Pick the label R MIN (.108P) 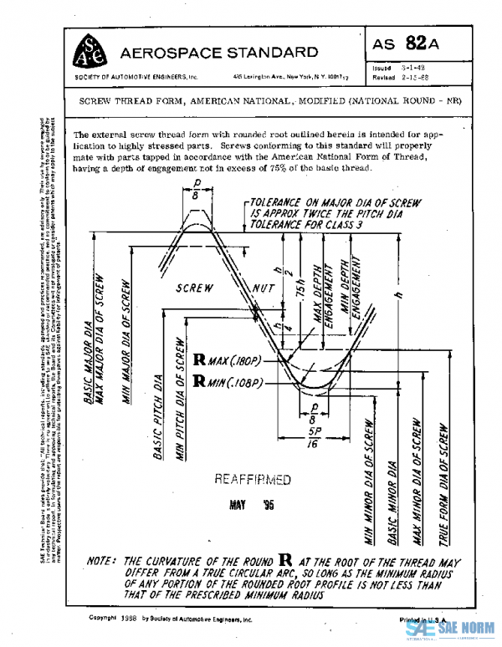(228, 382)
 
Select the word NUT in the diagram (266, 289)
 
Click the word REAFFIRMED (252, 480)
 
